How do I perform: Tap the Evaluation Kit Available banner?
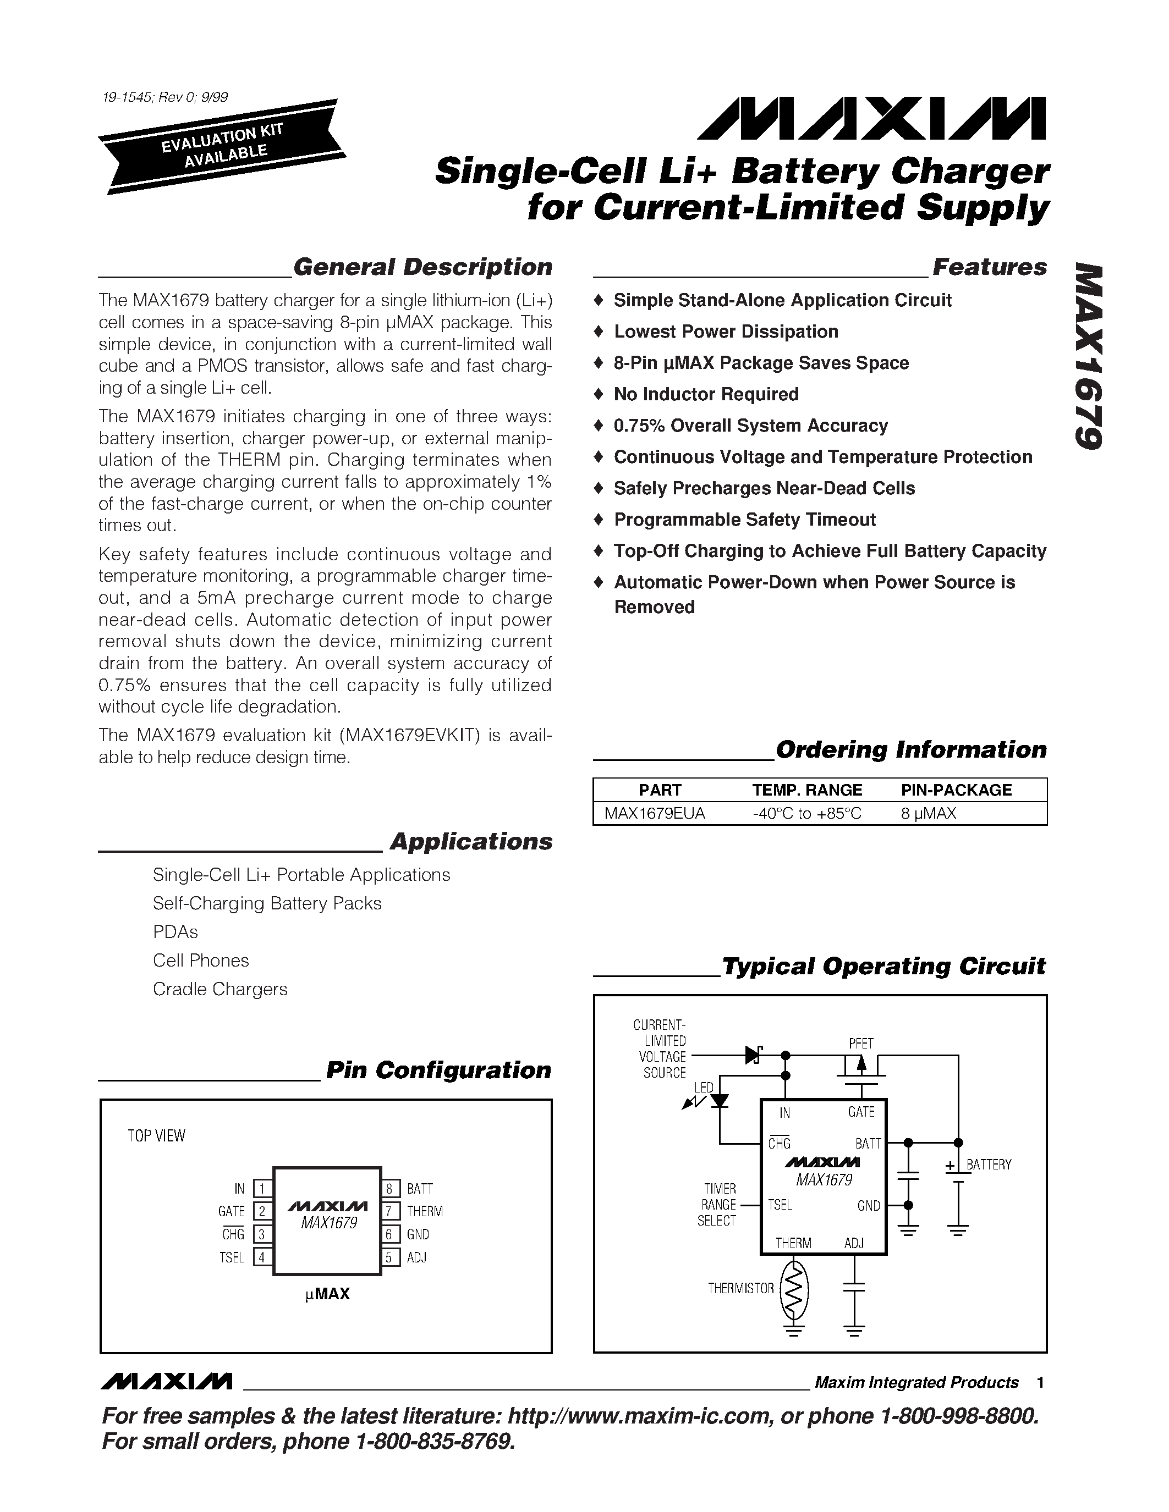click(220, 147)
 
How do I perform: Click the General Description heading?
click(422, 267)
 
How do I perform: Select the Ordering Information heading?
click(910, 750)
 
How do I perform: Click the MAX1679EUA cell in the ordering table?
click(655, 814)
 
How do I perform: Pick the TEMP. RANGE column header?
click(807, 790)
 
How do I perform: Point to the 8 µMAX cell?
click(928, 814)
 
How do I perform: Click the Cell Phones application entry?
click(201, 960)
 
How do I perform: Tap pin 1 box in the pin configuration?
click(262, 1189)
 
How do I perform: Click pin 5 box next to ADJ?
click(390, 1257)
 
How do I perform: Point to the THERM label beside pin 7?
click(425, 1212)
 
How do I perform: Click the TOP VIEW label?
click(157, 1136)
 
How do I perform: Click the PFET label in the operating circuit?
click(861, 1044)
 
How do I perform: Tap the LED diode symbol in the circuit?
click(720, 1100)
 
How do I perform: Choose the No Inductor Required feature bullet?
click(706, 395)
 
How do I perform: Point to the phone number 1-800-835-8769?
click(435, 1442)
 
